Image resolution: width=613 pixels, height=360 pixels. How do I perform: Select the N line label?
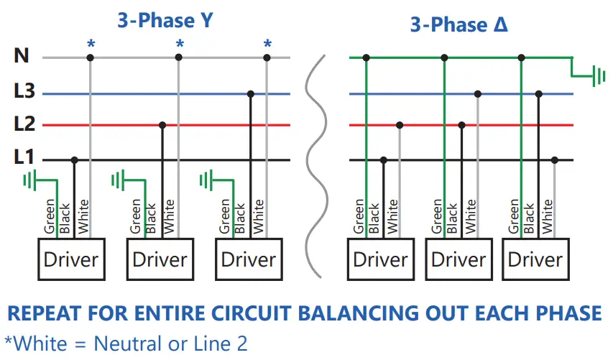click(22, 55)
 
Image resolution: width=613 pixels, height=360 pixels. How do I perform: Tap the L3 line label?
click(24, 92)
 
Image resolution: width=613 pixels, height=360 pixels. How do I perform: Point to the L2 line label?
click(24, 124)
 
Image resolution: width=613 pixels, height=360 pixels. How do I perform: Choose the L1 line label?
click(24, 158)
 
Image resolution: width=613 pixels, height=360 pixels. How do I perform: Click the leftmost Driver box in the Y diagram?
click(70, 259)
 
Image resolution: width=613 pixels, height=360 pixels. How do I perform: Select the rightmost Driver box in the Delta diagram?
click(535, 259)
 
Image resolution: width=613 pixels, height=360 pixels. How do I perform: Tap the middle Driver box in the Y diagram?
click(160, 259)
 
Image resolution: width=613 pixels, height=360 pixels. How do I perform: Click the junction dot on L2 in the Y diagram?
click(162, 125)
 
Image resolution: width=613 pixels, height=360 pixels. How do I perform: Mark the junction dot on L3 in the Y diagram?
click(250, 93)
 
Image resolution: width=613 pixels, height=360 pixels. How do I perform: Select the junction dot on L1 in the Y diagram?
click(74, 160)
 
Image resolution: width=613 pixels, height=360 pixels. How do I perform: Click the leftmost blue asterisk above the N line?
click(91, 45)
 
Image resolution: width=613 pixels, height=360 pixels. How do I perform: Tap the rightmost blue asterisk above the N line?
click(267, 45)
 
